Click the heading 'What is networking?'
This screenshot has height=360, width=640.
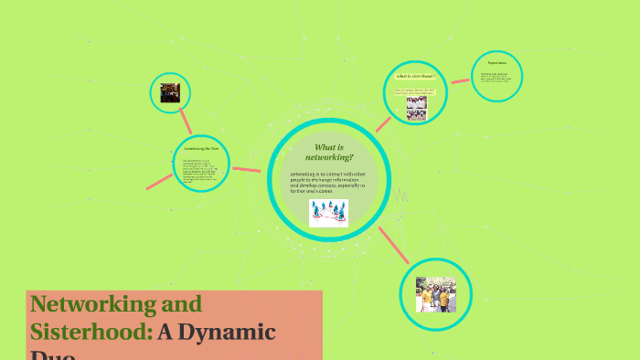[328, 152]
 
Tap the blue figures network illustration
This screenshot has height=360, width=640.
[328, 212]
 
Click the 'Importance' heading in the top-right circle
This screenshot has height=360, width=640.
[497, 62]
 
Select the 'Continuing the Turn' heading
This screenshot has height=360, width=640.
[201, 148]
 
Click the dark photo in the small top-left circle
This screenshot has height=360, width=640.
[170, 92]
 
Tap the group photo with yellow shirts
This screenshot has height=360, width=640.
[435, 294]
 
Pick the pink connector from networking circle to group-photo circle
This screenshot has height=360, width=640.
[394, 244]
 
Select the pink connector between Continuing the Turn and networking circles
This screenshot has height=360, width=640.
[246, 169]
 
